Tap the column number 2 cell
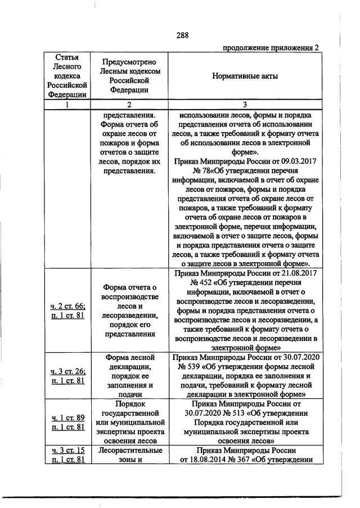[x=129, y=105]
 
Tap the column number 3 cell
[x=245, y=105]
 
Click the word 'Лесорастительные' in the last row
[x=129, y=451]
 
